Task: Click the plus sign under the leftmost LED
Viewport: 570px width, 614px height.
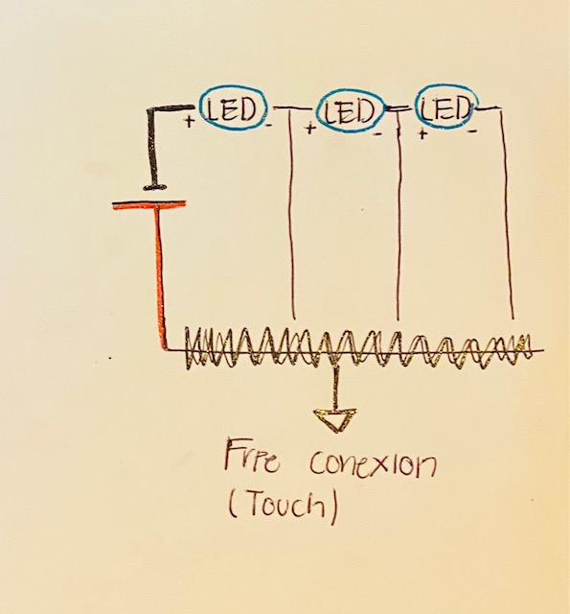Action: pos(190,122)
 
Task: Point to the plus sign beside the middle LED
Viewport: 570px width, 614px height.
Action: pos(310,129)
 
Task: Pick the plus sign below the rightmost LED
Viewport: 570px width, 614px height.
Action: pos(422,134)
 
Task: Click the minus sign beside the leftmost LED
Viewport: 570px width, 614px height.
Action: pos(268,126)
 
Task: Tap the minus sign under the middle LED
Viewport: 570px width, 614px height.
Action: pos(378,134)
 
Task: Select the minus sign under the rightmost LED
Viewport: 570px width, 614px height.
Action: pos(472,131)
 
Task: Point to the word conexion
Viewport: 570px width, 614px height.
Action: pos(373,463)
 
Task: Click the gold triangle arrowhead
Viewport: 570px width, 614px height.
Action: pos(335,420)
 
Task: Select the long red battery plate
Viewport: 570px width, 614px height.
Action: pos(148,204)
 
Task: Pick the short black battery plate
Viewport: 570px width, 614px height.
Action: pos(156,186)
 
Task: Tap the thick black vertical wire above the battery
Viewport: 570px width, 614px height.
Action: pos(152,147)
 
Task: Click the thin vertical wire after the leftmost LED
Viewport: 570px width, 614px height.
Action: pos(292,214)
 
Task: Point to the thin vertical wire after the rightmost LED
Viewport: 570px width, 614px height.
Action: pos(507,214)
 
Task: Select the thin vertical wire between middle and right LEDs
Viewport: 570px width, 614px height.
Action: pos(399,215)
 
